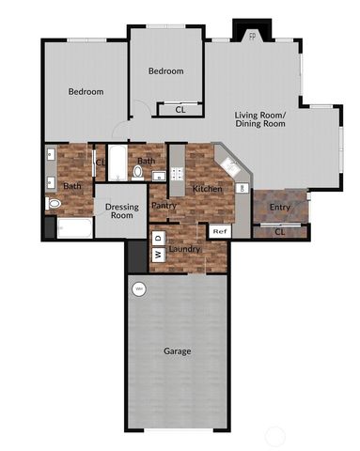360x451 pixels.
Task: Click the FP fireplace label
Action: [251, 37]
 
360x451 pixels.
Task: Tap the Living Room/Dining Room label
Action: [259, 119]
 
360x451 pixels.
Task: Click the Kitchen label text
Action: [207, 189]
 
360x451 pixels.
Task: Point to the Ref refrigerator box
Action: [219, 231]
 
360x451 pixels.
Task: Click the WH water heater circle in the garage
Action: [139, 288]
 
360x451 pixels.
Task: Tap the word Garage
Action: [178, 351]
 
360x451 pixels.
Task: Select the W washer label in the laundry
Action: [158, 254]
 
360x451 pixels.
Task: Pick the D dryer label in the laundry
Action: [158, 236]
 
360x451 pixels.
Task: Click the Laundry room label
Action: [184, 248]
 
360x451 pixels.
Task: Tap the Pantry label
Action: [164, 205]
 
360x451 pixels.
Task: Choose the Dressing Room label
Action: [122, 210]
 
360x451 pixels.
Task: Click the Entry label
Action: [279, 207]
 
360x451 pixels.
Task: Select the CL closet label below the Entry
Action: [279, 231]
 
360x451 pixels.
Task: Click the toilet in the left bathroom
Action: [54, 203]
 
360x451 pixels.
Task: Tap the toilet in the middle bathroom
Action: [136, 173]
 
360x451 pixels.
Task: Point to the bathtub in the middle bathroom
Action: [117, 164]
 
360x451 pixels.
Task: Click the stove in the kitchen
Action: [176, 174]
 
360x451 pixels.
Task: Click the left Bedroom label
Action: [85, 91]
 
